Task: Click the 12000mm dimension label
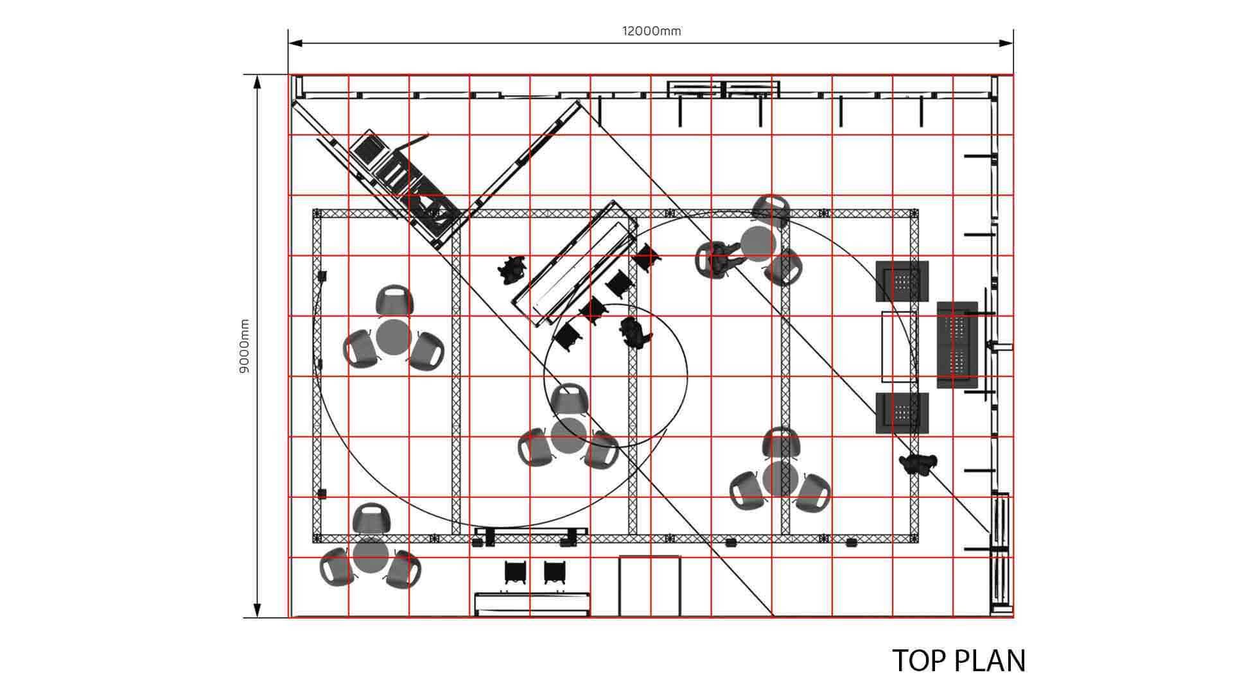pyautogui.click(x=651, y=31)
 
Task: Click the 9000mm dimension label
pyautogui.click(x=245, y=347)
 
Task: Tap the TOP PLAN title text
pyautogui.click(x=959, y=661)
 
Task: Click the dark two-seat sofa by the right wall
pyautogui.click(x=958, y=345)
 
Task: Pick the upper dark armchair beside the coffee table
pyautogui.click(x=902, y=281)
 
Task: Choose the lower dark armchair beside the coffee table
pyautogui.click(x=902, y=413)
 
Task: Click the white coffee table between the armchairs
pyautogui.click(x=899, y=346)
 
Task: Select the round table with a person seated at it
pyautogui.click(x=758, y=243)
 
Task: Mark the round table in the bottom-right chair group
pyautogui.click(x=780, y=479)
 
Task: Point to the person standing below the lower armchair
pyautogui.click(x=918, y=463)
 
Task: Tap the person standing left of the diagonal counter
pyautogui.click(x=512, y=269)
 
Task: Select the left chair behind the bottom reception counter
pyautogui.click(x=516, y=572)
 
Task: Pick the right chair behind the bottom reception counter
pyautogui.click(x=555, y=572)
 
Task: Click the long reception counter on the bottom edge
pyautogui.click(x=532, y=604)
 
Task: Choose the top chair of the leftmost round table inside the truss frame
pyautogui.click(x=394, y=302)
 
